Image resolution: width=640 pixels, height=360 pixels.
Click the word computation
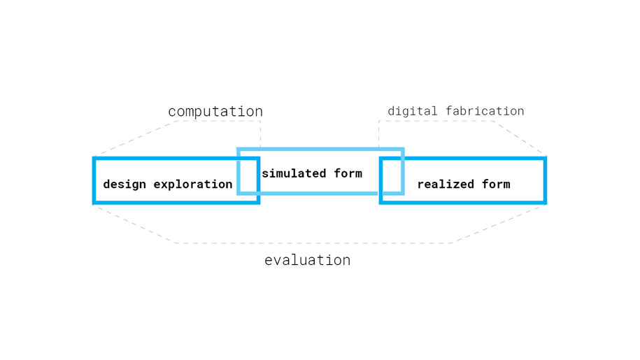(215, 111)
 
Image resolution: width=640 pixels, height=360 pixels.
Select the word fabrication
(485, 110)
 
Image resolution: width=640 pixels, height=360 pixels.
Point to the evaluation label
(307, 260)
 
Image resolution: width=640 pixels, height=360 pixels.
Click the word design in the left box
(125, 185)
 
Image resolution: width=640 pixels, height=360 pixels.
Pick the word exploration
(193, 185)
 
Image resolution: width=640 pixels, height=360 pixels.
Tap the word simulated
(294, 173)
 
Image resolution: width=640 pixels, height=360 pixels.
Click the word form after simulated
(348, 173)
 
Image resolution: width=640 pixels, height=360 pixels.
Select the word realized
(446, 185)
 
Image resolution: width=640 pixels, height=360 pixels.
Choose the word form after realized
(496, 185)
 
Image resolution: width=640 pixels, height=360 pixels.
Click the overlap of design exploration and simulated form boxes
(248, 175)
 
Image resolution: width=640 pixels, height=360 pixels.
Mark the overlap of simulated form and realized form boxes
(392, 175)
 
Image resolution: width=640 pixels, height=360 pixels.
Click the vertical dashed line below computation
(260, 134)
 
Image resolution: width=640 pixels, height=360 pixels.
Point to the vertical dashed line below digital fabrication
(379, 134)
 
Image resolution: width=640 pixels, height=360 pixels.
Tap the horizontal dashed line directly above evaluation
(314, 243)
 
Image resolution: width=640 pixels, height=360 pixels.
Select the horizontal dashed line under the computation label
(219, 121)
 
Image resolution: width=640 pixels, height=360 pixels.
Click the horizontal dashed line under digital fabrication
(436, 121)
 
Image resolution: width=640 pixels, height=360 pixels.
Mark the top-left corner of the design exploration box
(94, 158)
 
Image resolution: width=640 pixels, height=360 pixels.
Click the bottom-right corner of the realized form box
(546, 203)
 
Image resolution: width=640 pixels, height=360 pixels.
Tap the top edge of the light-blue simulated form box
(320, 149)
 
